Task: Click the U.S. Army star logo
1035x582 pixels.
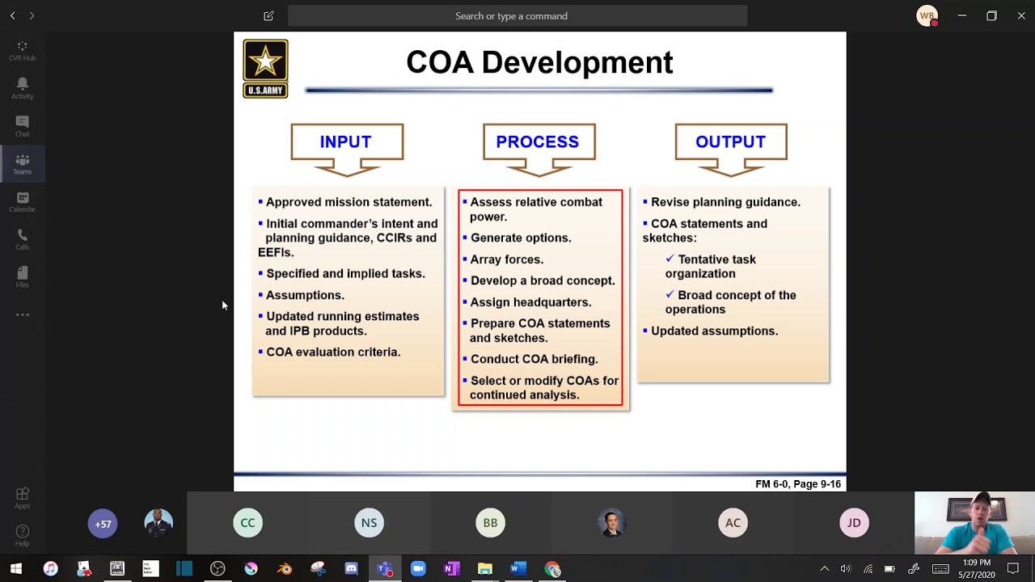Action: point(265,69)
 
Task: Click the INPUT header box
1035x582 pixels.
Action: point(346,142)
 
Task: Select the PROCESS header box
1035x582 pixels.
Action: point(538,142)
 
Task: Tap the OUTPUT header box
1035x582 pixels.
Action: point(730,142)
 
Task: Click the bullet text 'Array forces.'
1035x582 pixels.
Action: point(507,259)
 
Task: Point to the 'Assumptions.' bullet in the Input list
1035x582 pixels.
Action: point(305,296)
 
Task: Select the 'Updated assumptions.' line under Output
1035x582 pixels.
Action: point(714,331)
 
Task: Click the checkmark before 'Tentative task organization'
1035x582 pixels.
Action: point(670,259)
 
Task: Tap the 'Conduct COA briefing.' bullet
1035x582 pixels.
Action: point(534,360)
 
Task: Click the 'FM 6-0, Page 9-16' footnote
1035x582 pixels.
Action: point(797,484)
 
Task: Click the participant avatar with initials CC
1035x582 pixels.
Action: point(247,523)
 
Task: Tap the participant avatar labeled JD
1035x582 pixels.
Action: point(854,523)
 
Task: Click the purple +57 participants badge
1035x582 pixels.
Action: point(103,524)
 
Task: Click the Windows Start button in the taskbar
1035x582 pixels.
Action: point(16,569)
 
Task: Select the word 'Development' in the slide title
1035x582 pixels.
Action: point(577,63)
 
